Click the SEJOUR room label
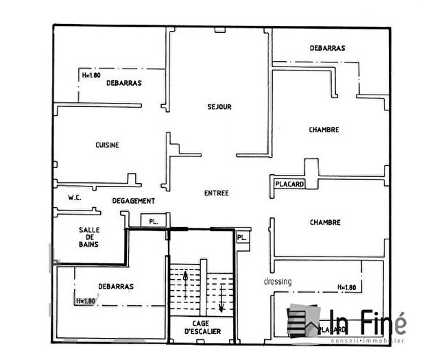[219, 107]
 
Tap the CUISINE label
[107, 145]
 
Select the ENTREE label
[217, 193]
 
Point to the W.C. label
[75, 197]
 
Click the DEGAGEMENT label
[134, 201]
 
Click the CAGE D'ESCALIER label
[201, 328]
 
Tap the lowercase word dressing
[278, 281]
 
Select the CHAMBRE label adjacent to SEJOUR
[324, 130]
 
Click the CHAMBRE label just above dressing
[325, 222]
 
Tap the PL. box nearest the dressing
[241, 237]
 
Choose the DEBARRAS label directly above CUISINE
[123, 83]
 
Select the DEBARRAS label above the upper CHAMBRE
[327, 48]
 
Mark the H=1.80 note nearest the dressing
[347, 287]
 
